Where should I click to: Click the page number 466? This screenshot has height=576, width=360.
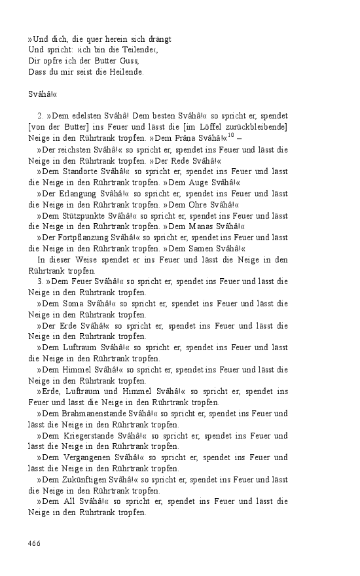[x=35, y=543]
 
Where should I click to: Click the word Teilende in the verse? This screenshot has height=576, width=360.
[x=136, y=50]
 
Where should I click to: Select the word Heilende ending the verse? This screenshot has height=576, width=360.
[x=126, y=72]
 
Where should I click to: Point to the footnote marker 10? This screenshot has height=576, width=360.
[x=230, y=135]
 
